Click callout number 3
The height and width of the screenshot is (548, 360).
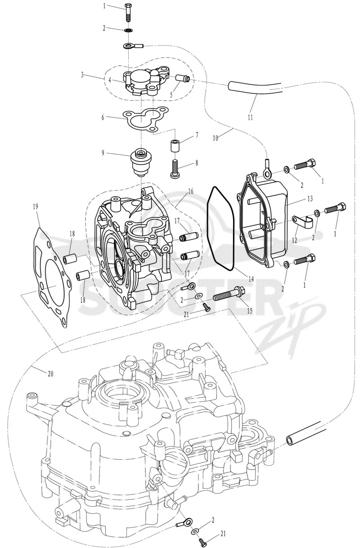pyautogui.click(x=82, y=75)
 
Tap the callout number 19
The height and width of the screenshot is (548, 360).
pyautogui.click(x=36, y=207)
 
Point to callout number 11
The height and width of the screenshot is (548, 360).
pyautogui.click(x=250, y=117)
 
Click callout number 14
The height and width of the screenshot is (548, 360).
pyautogui.click(x=251, y=278)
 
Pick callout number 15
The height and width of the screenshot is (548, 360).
pyautogui.click(x=250, y=310)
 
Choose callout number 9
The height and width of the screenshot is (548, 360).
pyautogui.click(x=103, y=153)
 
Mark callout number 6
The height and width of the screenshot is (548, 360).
pyautogui.click(x=103, y=117)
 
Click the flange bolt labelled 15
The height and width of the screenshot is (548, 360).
pyautogui.click(x=228, y=296)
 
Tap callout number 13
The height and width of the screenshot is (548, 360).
pyautogui.click(x=310, y=198)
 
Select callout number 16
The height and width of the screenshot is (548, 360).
pyautogui.click(x=191, y=191)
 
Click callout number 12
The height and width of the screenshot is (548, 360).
pyautogui.click(x=294, y=240)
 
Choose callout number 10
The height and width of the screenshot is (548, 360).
pyautogui.click(x=216, y=138)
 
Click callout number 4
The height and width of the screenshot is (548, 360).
pyautogui.click(x=110, y=80)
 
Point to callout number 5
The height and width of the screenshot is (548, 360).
pyautogui.click(x=171, y=94)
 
